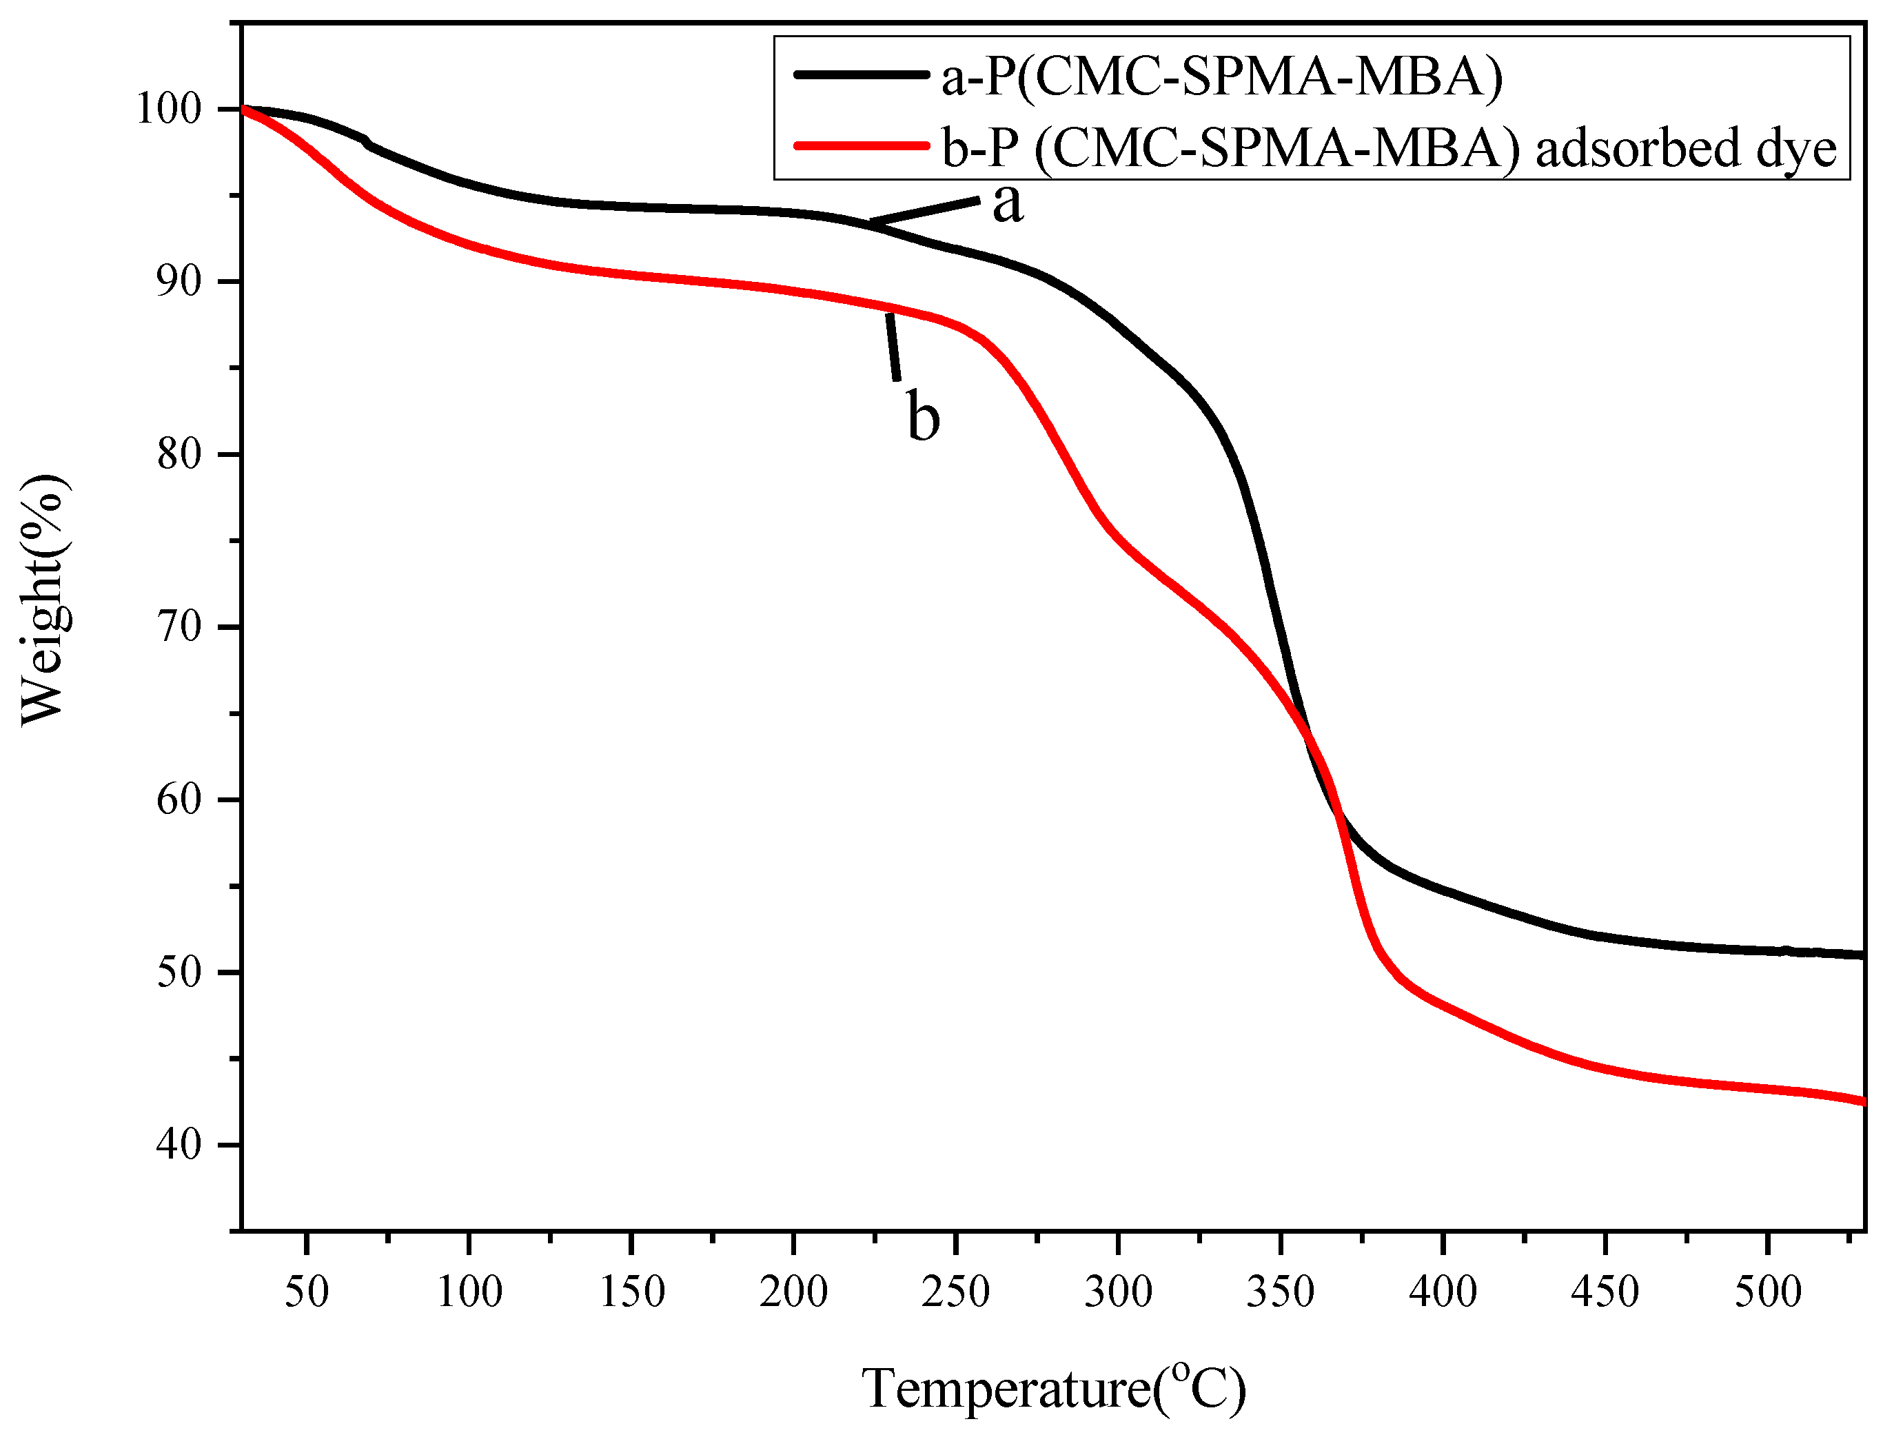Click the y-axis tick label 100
coord(169,110)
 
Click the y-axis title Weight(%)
coord(45,599)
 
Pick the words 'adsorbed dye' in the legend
coord(1685,149)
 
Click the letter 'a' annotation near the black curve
coord(1007,205)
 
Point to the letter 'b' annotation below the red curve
coord(923,418)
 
